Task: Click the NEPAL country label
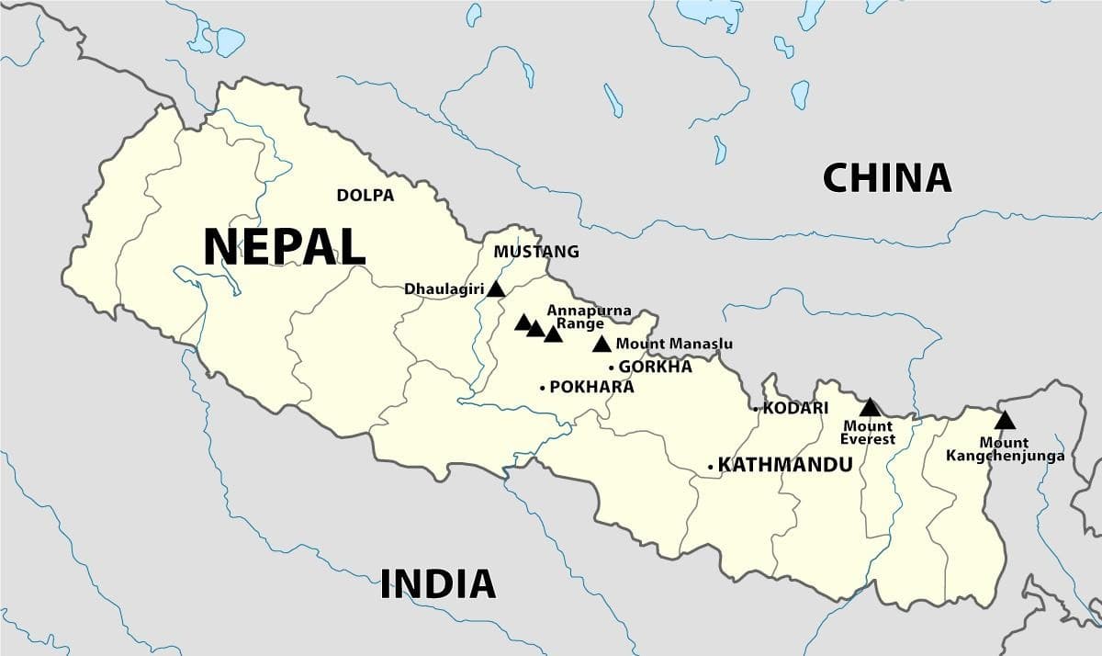tap(284, 246)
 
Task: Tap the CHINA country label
tap(886, 177)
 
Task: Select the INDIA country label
tap(438, 583)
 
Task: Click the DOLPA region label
tap(365, 195)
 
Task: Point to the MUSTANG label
tap(536, 251)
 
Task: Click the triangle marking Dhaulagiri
tap(496, 288)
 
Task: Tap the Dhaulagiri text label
tap(444, 288)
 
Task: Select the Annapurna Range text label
tap(589, 317)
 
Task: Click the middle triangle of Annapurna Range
tap(536, 328)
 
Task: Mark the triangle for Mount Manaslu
tap(602, 345)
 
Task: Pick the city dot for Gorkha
tap(612, 368)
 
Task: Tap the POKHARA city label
tap(591, 388)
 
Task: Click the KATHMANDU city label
tap(784, 465)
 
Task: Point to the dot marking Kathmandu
tap(711, 467)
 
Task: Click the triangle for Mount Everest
tap(869, 406)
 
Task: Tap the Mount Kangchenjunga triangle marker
tap(1005, 421)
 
